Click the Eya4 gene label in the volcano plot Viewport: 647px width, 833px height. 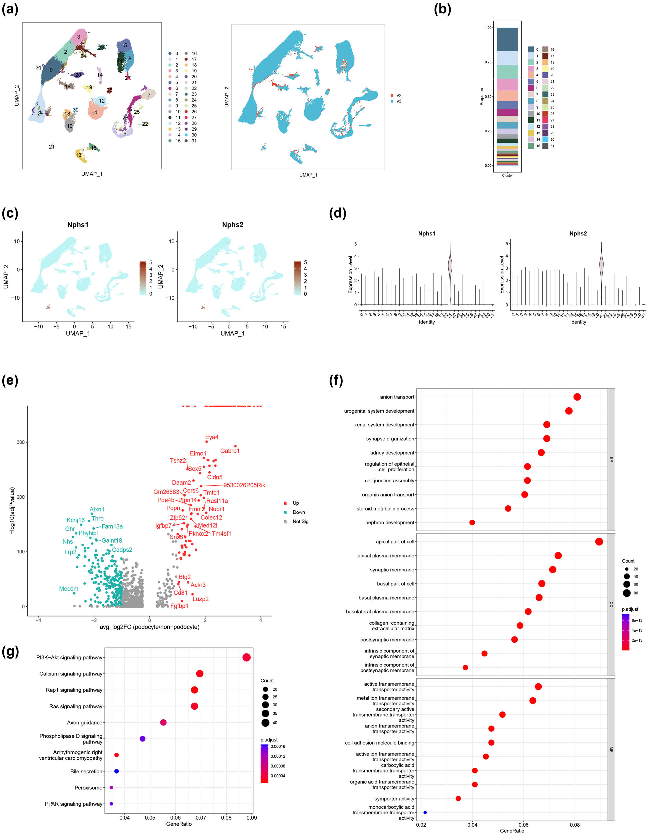click(211, 437)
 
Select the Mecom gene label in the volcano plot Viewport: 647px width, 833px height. click(69, 588)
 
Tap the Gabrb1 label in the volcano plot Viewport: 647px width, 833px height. click(230, 451)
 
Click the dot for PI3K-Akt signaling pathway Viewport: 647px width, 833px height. click(246, 657)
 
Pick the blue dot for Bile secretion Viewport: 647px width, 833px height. click(117, 771)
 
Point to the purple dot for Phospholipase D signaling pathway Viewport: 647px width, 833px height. click(142, 739)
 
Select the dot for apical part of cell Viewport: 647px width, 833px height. click(599, 541)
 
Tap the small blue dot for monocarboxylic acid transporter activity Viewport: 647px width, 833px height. click(425, 812)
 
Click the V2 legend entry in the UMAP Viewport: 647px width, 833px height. click(398, 95)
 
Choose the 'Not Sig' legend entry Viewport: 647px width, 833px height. click(300, 521)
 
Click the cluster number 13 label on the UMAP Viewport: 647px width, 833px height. click(78, 155)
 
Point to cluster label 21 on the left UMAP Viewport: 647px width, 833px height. click(51, 147)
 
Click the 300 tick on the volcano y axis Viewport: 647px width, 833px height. click(20, 442)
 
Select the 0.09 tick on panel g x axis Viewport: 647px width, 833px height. click(251, 817)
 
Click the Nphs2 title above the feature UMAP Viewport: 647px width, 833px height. click(232, 225)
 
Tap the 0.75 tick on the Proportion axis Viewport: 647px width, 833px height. click(488, 62)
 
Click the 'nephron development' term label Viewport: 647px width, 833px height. click(390, 522)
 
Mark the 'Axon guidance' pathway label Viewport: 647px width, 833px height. click(85, 722)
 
